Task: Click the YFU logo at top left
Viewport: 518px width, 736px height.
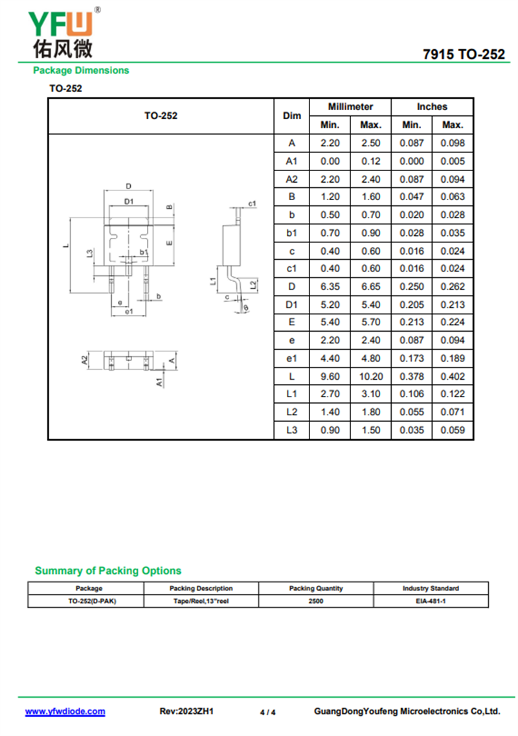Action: pyautogui.click(x=64, y=33)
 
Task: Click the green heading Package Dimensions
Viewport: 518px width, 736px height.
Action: pyautogui.click(x=81, y=71)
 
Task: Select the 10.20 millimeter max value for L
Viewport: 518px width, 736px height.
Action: pyautogui.click(x=370, y=376)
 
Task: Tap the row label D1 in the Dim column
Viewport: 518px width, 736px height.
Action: pyautogui.click(x=291, y=305)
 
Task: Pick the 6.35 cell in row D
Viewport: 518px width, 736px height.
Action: pyautogui.click(x=330, y=286)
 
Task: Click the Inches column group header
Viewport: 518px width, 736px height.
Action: pyautogui.click(x=432, y=106)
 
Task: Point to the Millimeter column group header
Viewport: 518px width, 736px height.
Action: pyautogui.click(x=350, y=106)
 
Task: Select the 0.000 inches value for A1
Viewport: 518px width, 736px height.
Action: pyautogui.click(x=412, y=161)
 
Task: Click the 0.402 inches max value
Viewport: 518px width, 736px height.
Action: pyautogui.click(x=453, y=376)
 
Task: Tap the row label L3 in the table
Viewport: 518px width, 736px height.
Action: pyautogui.click(x=291, y=430)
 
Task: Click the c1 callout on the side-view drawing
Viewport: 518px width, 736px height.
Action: pyautogui.click(x=253, y=203)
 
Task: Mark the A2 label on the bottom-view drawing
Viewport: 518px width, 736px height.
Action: pyautogui.click(x=84, y=360)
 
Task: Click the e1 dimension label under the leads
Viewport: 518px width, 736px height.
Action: pyautogui.click(x=129, y=311)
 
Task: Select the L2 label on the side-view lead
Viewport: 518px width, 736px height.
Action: pyautogui.click(x=253, y=285)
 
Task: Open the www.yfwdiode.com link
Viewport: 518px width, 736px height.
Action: pyautogui.click(x=65, y=711)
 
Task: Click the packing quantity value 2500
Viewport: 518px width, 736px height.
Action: pyautogui.click(x=316, y=601)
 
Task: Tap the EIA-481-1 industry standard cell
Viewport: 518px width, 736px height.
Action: pyautogui.click(x=431, y=601)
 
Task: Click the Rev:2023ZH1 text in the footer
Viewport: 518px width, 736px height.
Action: pyautogui.click(x=186, y=711)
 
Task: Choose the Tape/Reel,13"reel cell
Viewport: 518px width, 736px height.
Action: pyautogui.click(x=201, y=601)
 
